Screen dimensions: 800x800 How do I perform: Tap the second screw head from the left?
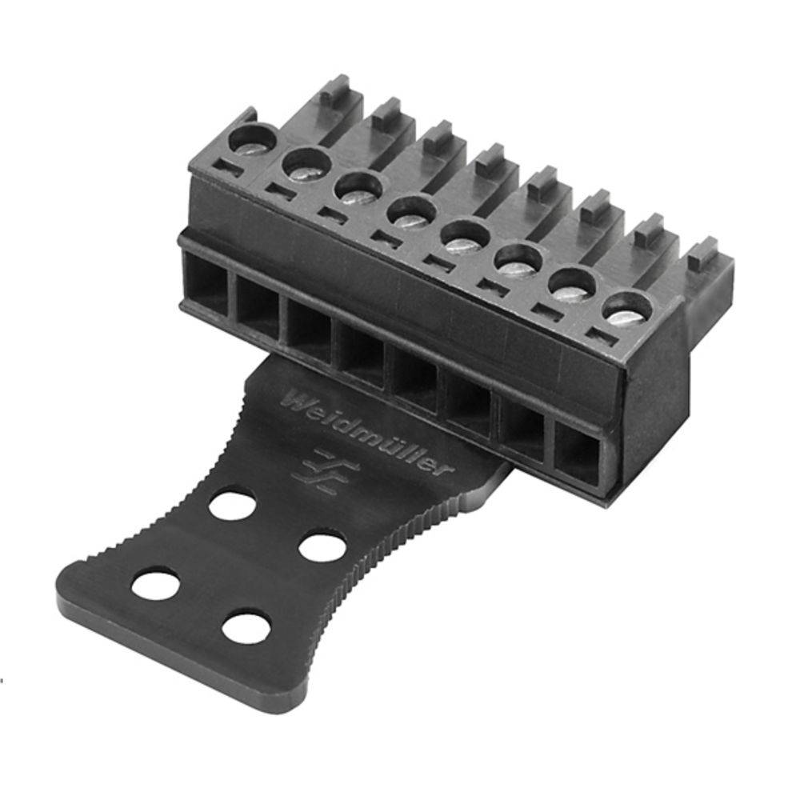point(306,166)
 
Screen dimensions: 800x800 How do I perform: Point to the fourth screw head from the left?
point(410,214)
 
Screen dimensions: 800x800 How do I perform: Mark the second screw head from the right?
point(571,283)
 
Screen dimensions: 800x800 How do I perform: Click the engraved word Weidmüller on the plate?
point(363,433)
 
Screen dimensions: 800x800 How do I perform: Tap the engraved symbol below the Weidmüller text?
point(314,466)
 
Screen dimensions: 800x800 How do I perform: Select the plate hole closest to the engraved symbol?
point(232,506)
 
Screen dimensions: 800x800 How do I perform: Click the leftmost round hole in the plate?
point(155,584)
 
